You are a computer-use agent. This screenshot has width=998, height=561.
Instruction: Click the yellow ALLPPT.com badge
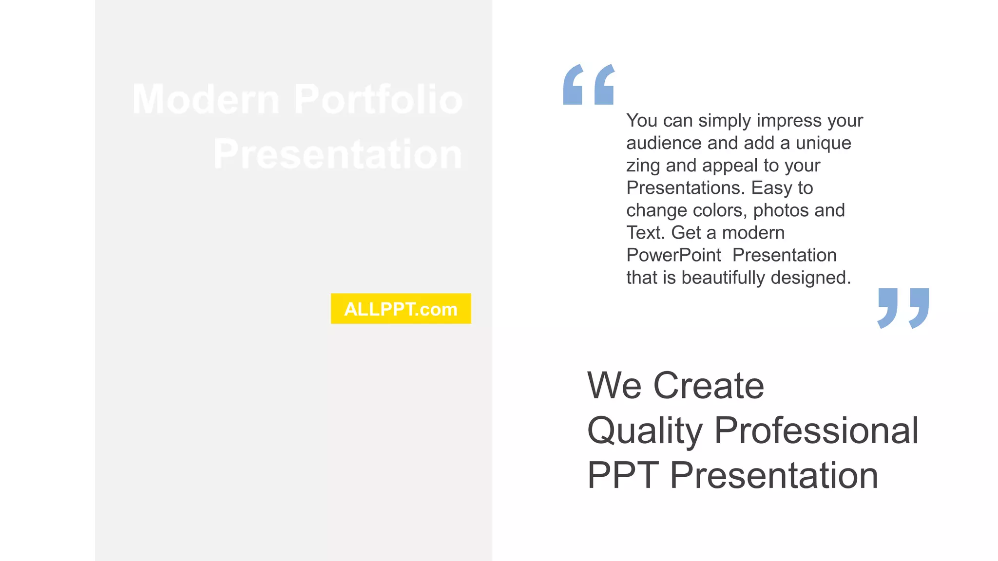click(x=401, y=309)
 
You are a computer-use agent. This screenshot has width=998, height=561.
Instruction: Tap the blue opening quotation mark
click(x=589, y=85)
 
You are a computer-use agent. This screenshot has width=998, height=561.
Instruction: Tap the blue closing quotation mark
click(x=903, y=308)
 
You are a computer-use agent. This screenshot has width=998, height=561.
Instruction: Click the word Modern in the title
click(x=206, y=99)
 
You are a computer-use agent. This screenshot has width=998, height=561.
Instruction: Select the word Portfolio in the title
click(x=378, y=99)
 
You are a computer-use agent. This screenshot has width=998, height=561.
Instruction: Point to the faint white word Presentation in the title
click(x=338, y=154)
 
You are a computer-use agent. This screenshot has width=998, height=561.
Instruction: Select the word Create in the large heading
click(x=709, y=386)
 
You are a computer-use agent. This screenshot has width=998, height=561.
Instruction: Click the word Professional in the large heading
click(x=816, y=430)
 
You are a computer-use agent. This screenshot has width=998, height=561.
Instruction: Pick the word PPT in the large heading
click(x=623, y=475)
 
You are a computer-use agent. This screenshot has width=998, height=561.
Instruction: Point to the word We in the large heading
click(x=614, y=386)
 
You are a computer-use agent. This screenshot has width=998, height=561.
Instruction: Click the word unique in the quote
click(x=823, y=143)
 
